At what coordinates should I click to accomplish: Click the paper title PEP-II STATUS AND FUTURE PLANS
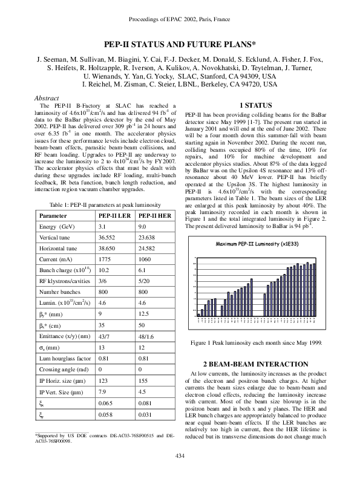click(180, 45)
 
